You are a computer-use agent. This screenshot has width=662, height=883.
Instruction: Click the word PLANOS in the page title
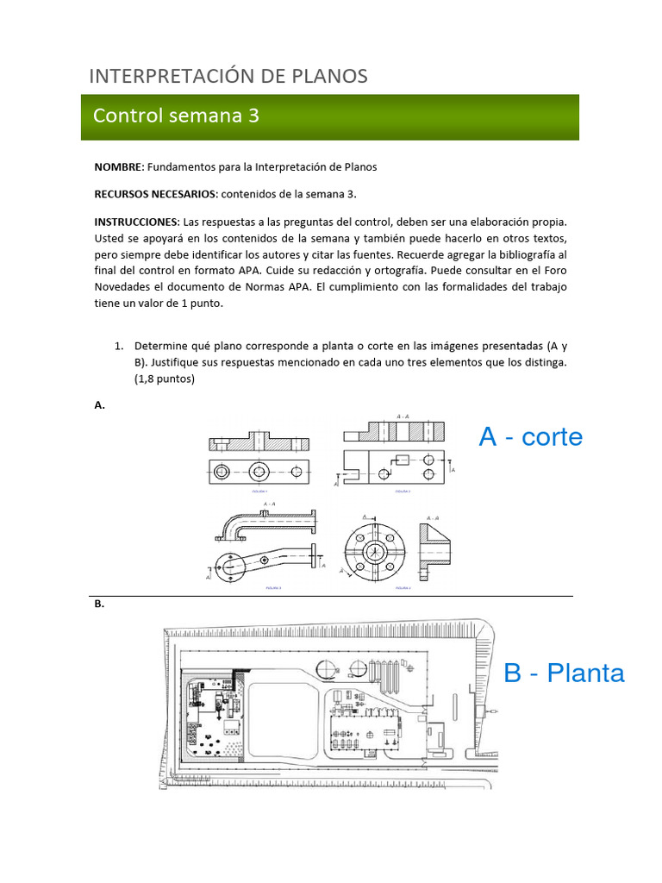point(327,76)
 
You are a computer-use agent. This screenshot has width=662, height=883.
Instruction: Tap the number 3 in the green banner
point(253,116)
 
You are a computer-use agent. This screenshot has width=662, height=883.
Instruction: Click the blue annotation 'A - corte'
point(530,437)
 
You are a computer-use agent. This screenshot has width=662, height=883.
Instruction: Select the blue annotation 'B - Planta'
point(564,673)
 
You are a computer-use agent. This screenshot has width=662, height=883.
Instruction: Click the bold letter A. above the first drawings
point(99,405)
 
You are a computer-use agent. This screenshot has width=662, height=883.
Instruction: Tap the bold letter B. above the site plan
point(99,604)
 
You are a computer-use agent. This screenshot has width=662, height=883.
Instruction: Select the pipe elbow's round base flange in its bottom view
point(231,565)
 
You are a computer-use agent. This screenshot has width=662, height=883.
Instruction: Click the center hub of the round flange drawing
point(374,551)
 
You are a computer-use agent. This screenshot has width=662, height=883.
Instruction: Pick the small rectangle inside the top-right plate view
point(402,459)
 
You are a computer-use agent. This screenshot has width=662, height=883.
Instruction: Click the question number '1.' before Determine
point(121,346)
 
